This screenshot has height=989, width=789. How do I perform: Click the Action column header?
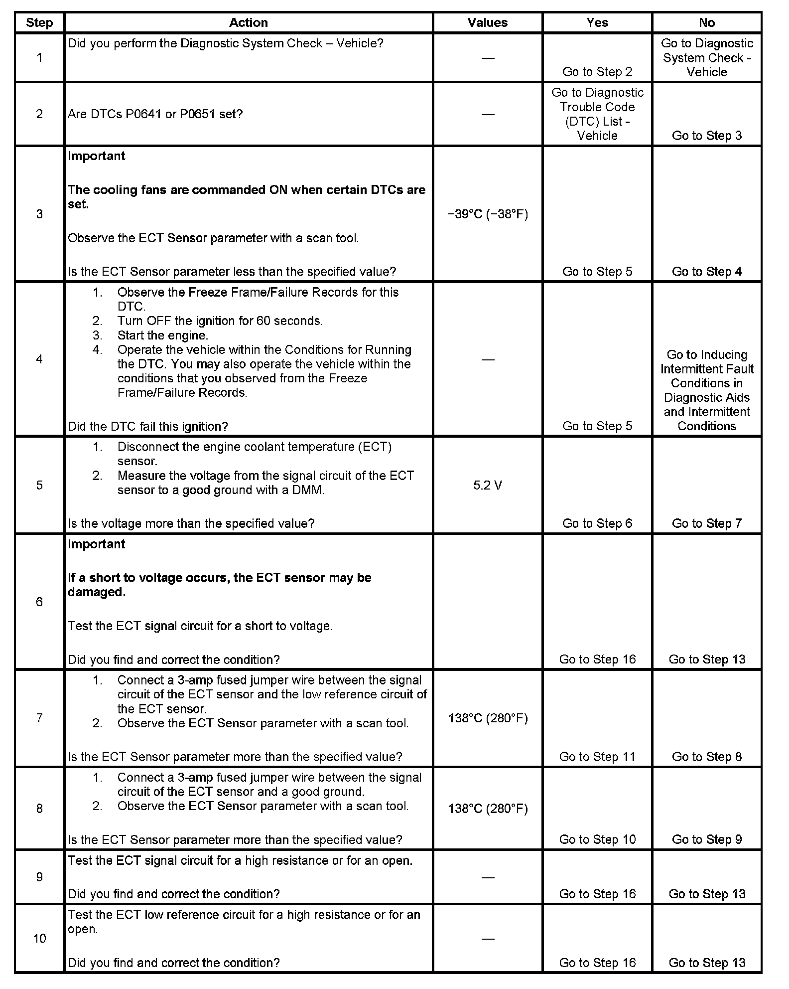248,22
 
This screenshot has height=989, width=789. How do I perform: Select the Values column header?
487,22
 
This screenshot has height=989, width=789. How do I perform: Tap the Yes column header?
597,22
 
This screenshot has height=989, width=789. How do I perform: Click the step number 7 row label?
39,717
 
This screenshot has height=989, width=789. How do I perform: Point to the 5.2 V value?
487,485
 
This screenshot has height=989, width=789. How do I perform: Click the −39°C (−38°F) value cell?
487,214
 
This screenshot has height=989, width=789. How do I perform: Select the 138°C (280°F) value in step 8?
487,808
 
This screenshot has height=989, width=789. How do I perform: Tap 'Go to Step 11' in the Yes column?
597,756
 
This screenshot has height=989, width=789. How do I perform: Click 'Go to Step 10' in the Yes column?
597,839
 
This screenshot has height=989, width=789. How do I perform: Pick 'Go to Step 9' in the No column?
706,839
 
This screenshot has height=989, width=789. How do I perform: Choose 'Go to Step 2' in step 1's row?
597,72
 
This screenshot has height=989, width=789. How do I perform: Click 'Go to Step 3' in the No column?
706,136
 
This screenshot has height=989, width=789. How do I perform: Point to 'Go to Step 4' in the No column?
706,271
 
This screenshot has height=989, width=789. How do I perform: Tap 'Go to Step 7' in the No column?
706,523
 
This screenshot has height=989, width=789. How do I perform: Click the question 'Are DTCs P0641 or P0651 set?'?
155,114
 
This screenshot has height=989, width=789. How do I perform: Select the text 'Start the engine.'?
162,335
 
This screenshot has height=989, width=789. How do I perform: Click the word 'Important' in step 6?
96,544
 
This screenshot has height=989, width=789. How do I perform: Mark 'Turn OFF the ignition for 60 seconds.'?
220,321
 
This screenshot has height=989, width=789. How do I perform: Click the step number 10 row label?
39,938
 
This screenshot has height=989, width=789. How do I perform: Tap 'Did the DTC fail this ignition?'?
147,426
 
